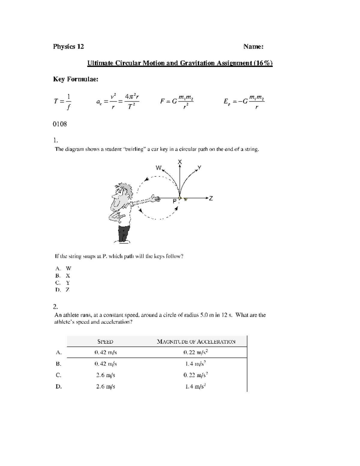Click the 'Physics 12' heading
click(68, 47)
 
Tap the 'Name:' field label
click(253, 47)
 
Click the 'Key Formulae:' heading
click(75, 79)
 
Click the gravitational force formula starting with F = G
click(177, 101)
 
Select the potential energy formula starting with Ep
click(244, 101)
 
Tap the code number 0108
click(60, 124)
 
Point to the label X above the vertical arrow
click(180, 162)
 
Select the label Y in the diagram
click(199, 167)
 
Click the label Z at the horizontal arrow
click(211, 198)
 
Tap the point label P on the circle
click(174, 202)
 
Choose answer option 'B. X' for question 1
click(63, 275)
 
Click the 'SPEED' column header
click(105, 341)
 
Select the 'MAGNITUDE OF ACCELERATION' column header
click(196, 341)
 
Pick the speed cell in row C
click(106, 375)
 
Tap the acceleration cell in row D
click(195, 386)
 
